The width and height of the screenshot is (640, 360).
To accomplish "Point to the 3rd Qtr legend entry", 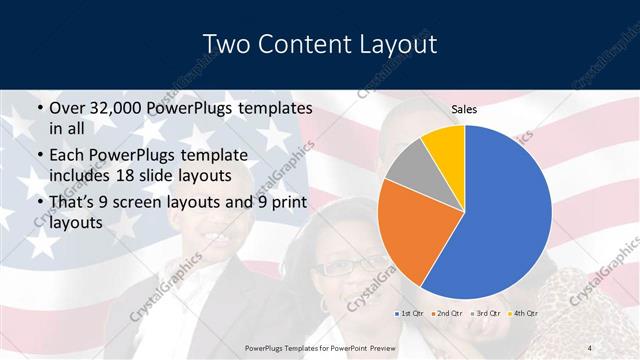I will tap(485, 315).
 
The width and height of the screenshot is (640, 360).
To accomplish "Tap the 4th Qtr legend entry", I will tap(522, 315).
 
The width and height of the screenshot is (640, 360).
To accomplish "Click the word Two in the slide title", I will tap(225, 45).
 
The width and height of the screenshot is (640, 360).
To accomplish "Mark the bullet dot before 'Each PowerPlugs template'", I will tap(39, 156).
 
